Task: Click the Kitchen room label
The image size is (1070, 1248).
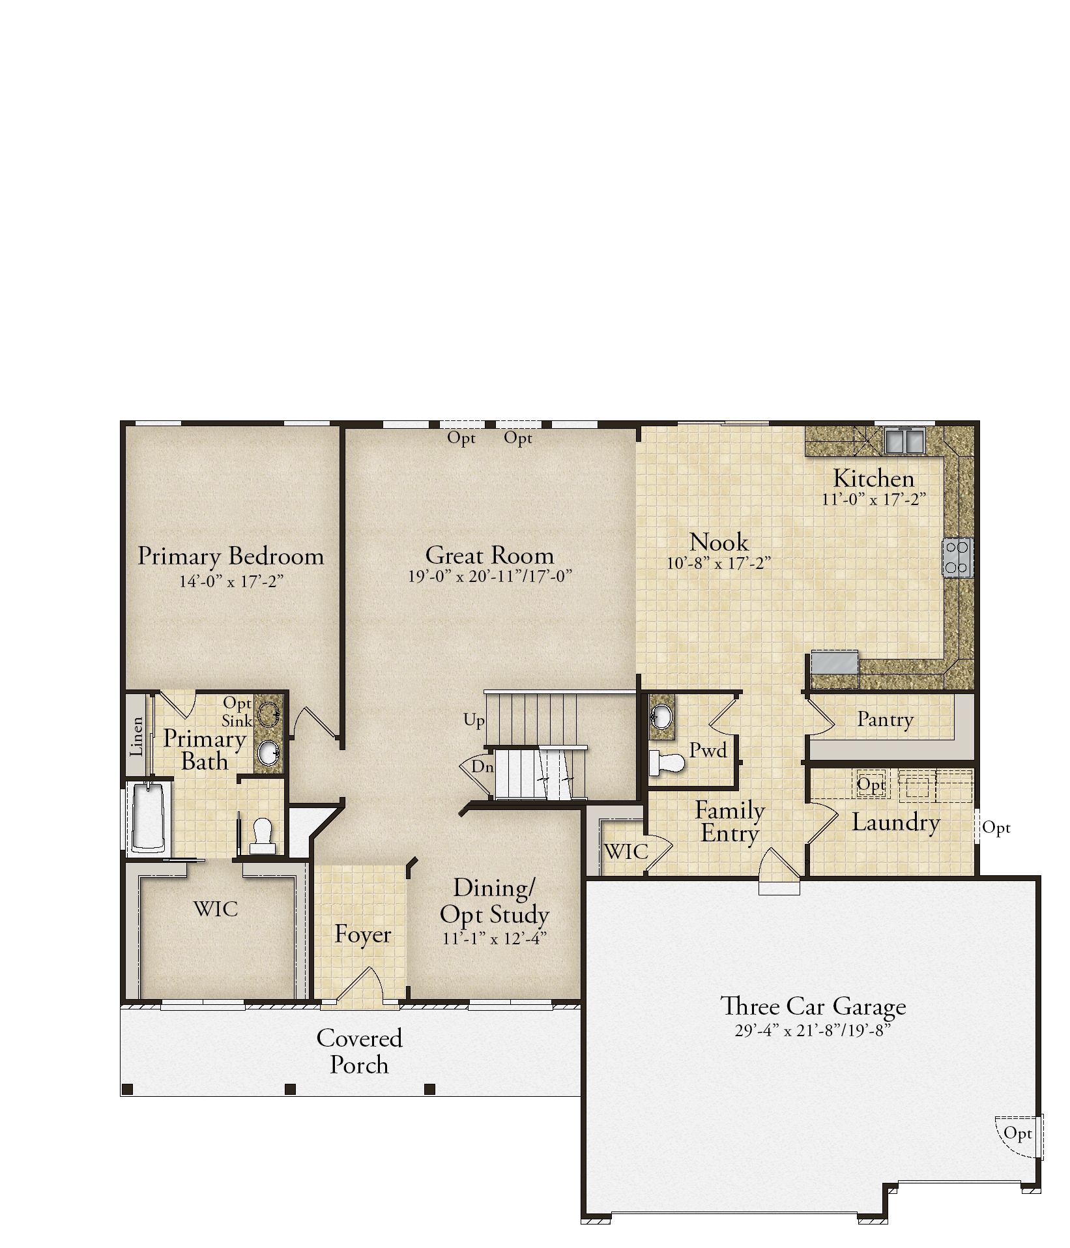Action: (873, 479)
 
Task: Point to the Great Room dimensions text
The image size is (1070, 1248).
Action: (489, 576)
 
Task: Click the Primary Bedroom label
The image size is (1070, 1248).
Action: (231, 557)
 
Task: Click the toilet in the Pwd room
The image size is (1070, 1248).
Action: (667, 762)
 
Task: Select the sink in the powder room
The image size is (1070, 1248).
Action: (662, 718)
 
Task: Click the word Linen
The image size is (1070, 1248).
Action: (137, 736)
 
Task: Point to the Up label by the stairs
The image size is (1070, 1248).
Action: (474, 720)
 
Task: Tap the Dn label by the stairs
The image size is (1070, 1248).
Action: (482, 767)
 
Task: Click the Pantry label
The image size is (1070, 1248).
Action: (885, 719)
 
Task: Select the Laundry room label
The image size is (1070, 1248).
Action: (895, 822)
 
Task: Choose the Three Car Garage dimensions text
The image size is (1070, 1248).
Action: (812, 1031)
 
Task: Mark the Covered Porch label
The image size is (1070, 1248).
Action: (359, 1051)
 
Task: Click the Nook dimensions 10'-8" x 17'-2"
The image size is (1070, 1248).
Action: (719, 563)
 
